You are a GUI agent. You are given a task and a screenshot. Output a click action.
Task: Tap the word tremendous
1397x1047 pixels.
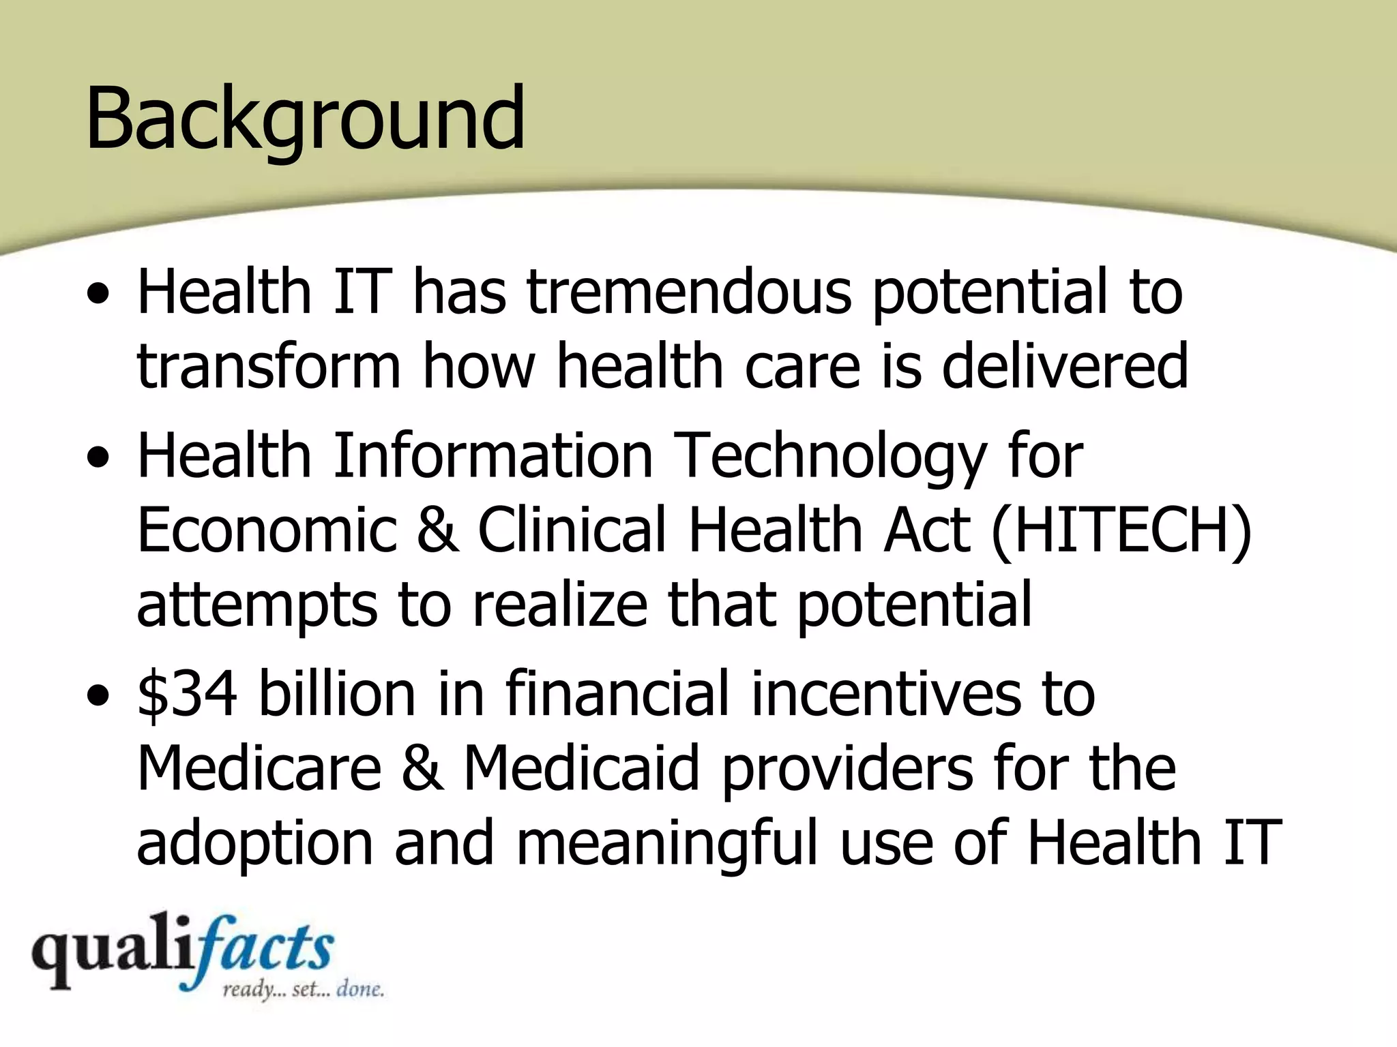[x=688, y=292]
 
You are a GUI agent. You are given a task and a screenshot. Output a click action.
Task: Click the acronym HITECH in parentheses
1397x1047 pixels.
[x=1121, y=530]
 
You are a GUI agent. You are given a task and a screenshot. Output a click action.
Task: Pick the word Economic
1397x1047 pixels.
[x=267, y=530]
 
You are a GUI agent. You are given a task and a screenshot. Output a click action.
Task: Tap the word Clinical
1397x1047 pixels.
[x=572, y=530]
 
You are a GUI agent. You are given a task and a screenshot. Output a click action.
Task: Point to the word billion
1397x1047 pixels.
[x=337, y=694]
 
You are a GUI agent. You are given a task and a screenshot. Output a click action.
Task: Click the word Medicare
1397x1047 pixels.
[x=259, y=769]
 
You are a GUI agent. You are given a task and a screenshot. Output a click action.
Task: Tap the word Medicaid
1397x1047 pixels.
[x=581, y=769]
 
